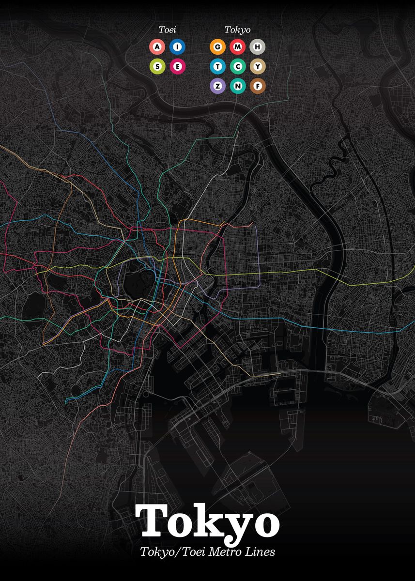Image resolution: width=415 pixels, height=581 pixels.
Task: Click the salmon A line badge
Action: click(x=157, y=47)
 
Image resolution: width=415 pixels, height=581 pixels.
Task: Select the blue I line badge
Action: click(x=178, y=47)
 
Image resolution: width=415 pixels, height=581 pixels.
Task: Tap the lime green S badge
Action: click(x=157, y=66)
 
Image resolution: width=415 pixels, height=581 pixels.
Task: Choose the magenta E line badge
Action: click(x=178, y=66)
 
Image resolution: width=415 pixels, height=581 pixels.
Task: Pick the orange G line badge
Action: click(x=218, y=47)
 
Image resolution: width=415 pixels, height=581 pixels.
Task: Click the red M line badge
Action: click(x=238, y=47)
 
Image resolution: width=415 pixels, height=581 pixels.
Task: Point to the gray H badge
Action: click(x=258, y=47)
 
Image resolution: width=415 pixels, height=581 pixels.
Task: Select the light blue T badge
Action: click(x=218, y=66)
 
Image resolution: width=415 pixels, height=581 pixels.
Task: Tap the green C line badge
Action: click(x=238, y=66)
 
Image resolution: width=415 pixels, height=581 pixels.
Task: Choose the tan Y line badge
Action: click(x=258, y=66)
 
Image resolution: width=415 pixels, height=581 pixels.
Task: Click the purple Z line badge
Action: click(x=218, y=86)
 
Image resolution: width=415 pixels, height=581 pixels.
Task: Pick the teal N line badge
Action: click(x=238, y=86)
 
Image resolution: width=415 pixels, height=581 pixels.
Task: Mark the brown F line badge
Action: click(x=258, y=86)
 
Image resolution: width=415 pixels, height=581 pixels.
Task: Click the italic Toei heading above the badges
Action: click(x=167, y=30)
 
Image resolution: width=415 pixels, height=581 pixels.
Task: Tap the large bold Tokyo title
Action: click(x=207, y=522)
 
